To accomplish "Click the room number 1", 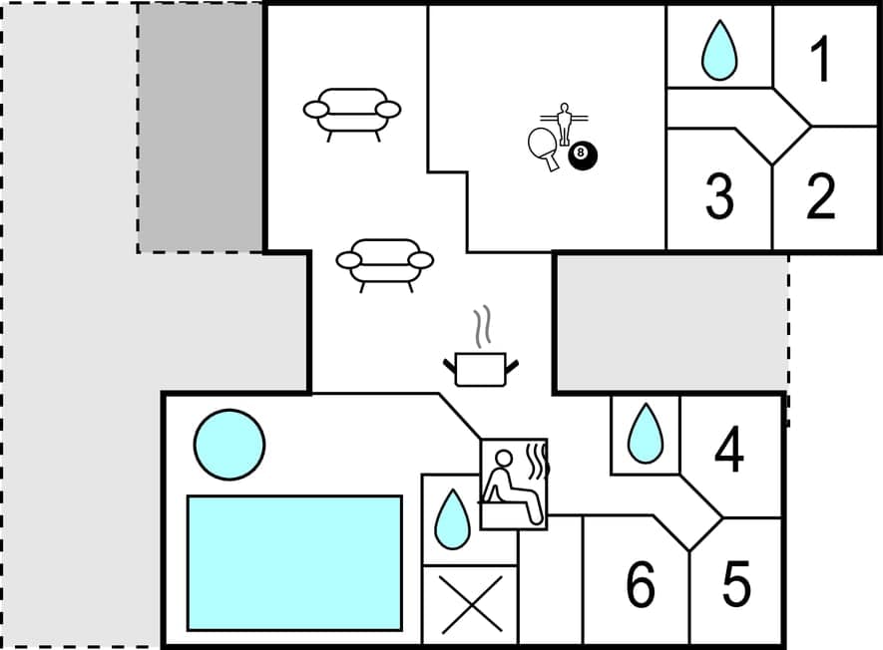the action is point(820,61).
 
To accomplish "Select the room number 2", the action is point(820,197).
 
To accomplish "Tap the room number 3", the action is point(719,197).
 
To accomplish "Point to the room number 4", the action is point(729,450).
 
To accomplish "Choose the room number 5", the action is point(736,585).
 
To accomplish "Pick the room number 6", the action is point(641,585).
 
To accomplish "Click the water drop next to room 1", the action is point(718,51).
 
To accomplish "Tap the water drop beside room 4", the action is point(645,434).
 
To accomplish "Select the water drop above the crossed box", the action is point(453,519).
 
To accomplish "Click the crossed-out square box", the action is point(470,604).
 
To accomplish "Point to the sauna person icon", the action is point(513,484).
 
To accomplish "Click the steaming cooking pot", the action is point(481,364).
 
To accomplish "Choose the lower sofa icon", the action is point(384,261).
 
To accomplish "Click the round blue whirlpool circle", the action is point(229,445).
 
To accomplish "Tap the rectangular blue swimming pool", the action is point(294,562).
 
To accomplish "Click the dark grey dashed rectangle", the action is point(201,128).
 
